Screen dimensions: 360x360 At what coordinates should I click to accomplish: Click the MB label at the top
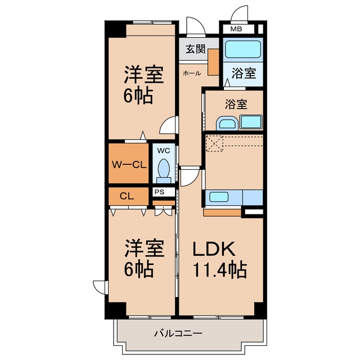pyautogui.click(x=236, y=29)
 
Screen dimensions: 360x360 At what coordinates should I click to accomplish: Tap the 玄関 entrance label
pyautogui.click(x=195, y=49)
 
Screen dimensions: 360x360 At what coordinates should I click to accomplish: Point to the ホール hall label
pyautogui.click(x=192, y=73)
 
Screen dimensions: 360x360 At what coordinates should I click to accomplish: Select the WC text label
pyautogui.click(x=164, y=151)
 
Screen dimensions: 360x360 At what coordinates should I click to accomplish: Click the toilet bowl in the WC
pyautogui.click(x=164, y=169)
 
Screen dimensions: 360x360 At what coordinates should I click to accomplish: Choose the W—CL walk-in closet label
pyautogui.click(x=129, y=165)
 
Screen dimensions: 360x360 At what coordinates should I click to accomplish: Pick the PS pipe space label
pyautogui.click(x=159, y=192)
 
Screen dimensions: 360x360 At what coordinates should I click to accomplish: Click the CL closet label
pyautogui.click(x=127, y=196)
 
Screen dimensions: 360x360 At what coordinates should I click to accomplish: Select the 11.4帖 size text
pyautogui.click(x=220, y=269)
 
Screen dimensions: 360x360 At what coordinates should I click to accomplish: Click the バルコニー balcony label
pyautogui.click(x=178, y=333)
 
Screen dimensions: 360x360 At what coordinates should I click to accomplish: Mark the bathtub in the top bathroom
pyautogui.click(x=242, y=49)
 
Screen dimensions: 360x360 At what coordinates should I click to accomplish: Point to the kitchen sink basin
pyautogui.click(x=219, y=197)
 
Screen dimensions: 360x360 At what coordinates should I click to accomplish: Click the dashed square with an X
pyautogui.click(x=214, y=143)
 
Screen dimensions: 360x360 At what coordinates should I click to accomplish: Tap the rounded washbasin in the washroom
pyautogui.click(x=227, y=123)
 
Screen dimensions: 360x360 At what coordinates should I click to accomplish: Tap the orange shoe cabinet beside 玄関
pyautogui.click(x=214, y=62)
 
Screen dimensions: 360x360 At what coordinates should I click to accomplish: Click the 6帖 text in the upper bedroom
pyautogui.click(x=138, y=96)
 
